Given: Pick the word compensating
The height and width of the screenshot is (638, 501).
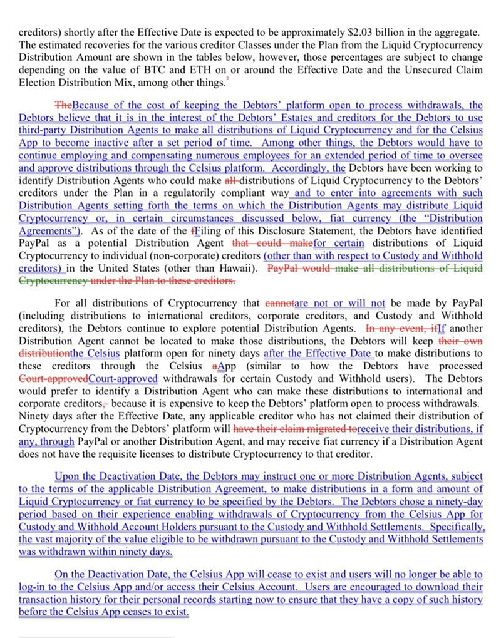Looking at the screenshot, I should click(x=153, y=155).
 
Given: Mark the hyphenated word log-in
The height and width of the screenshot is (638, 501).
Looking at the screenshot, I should click(x=31, y=587).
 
